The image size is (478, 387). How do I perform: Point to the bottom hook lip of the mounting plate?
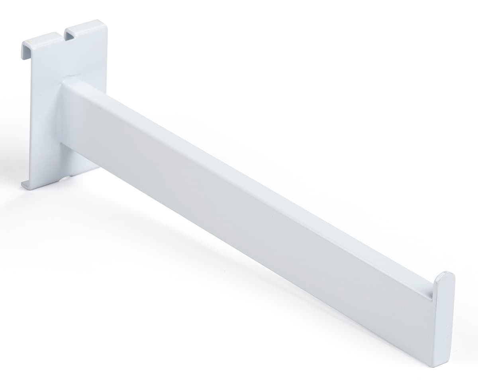25,184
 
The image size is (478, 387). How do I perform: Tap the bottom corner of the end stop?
442,363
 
